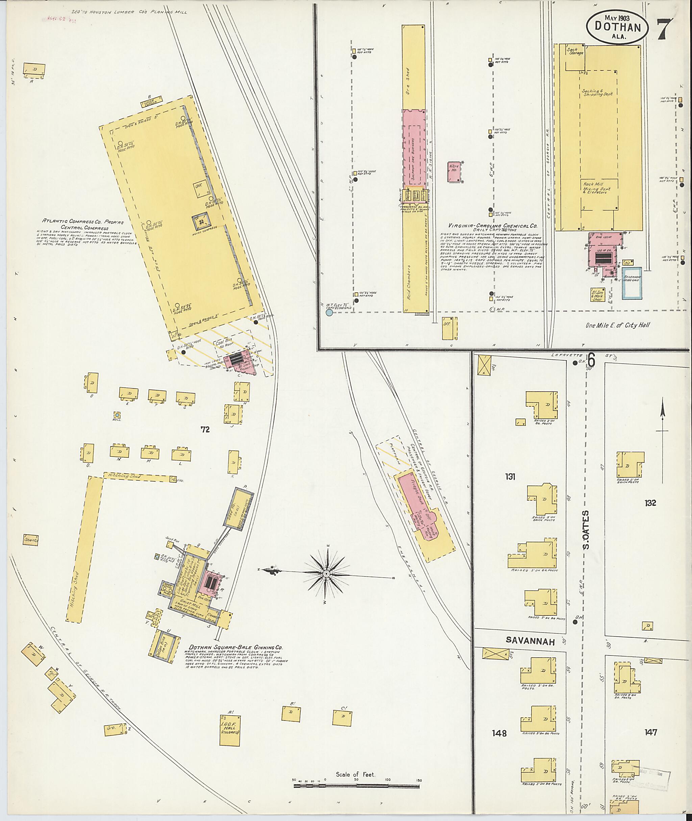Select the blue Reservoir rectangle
632,284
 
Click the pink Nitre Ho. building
455,171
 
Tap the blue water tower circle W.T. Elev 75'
329,312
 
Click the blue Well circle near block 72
117,414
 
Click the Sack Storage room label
575,51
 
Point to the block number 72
205,429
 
